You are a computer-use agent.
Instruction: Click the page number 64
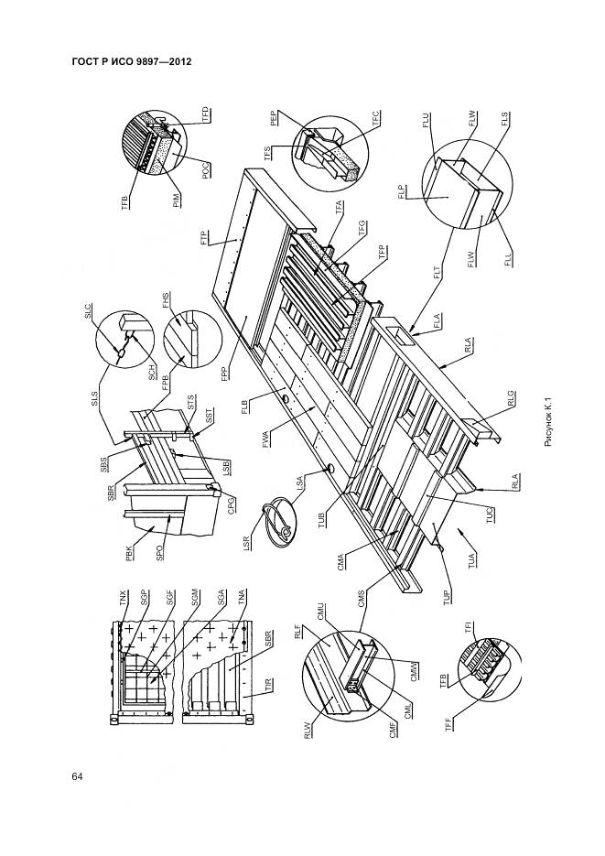(78, 777)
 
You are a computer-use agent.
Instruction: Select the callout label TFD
(206, 117)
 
